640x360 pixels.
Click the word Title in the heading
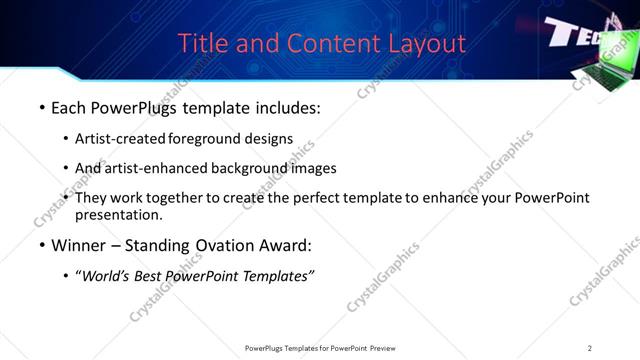(200, 44)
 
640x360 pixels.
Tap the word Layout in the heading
(427, 44)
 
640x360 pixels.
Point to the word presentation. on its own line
(118, 214)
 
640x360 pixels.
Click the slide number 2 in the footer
(589, 348)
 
